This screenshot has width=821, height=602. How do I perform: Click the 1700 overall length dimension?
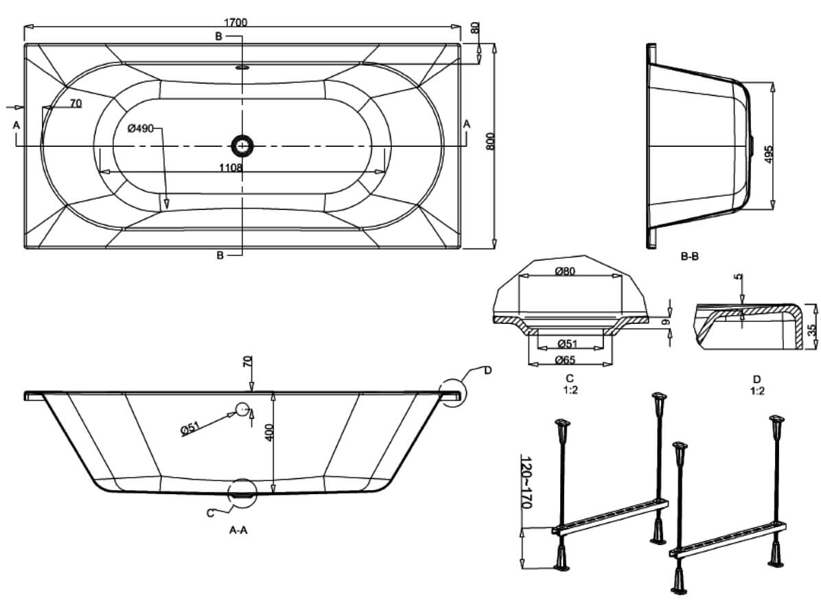235,22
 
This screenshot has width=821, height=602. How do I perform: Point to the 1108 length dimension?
230,167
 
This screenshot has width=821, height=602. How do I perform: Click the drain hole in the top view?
242,145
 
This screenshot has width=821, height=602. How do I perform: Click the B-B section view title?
689,257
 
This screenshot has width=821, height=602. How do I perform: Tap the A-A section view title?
238,529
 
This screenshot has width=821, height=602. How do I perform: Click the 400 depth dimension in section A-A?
269,432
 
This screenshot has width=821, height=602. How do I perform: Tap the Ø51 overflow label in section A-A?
190,429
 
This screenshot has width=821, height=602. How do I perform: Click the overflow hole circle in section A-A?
242,409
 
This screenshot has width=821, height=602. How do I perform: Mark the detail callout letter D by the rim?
488,371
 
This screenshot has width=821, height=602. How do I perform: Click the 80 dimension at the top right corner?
475,29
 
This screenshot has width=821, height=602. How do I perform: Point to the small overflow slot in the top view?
242,68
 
